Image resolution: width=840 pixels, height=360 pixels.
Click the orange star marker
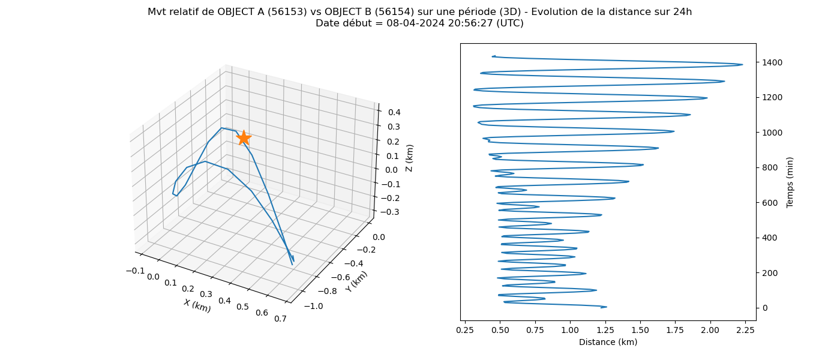point(244,138)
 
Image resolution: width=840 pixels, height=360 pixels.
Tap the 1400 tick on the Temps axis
point(772,62)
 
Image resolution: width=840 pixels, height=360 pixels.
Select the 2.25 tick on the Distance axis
point(745,330)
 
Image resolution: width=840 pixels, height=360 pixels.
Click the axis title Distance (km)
point(608,342)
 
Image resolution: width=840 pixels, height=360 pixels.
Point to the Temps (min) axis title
point(790,182)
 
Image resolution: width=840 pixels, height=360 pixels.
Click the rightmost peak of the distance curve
point(743,65)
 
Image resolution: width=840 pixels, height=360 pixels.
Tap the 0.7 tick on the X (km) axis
point(281,319)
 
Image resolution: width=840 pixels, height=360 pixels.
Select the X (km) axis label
point(197,305)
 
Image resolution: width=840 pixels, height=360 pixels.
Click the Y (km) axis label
point(356,281)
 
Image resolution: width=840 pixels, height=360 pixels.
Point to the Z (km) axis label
point(409,158)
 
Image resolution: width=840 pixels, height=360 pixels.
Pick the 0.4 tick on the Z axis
point(394,112)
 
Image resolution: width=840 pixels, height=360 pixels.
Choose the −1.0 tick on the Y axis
point(313,306)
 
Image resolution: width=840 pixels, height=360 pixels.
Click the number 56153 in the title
point(288,12)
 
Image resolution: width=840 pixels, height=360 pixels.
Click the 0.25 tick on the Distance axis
point(465,330)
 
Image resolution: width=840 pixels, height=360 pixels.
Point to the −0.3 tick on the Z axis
point(390,212)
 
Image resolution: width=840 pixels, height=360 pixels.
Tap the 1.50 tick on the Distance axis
point(640,330)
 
